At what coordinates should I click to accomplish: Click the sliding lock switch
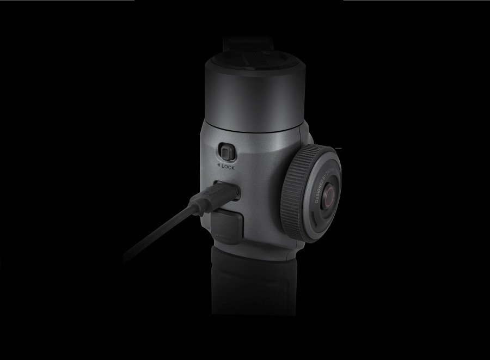point(227,152)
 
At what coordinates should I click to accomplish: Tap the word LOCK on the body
point(228,167)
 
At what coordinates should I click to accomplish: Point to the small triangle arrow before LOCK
point(218,167)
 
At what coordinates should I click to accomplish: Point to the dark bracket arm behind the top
point(242,42)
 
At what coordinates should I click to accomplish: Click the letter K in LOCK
point(233,167)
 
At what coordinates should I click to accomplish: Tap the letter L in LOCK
point(223,167)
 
